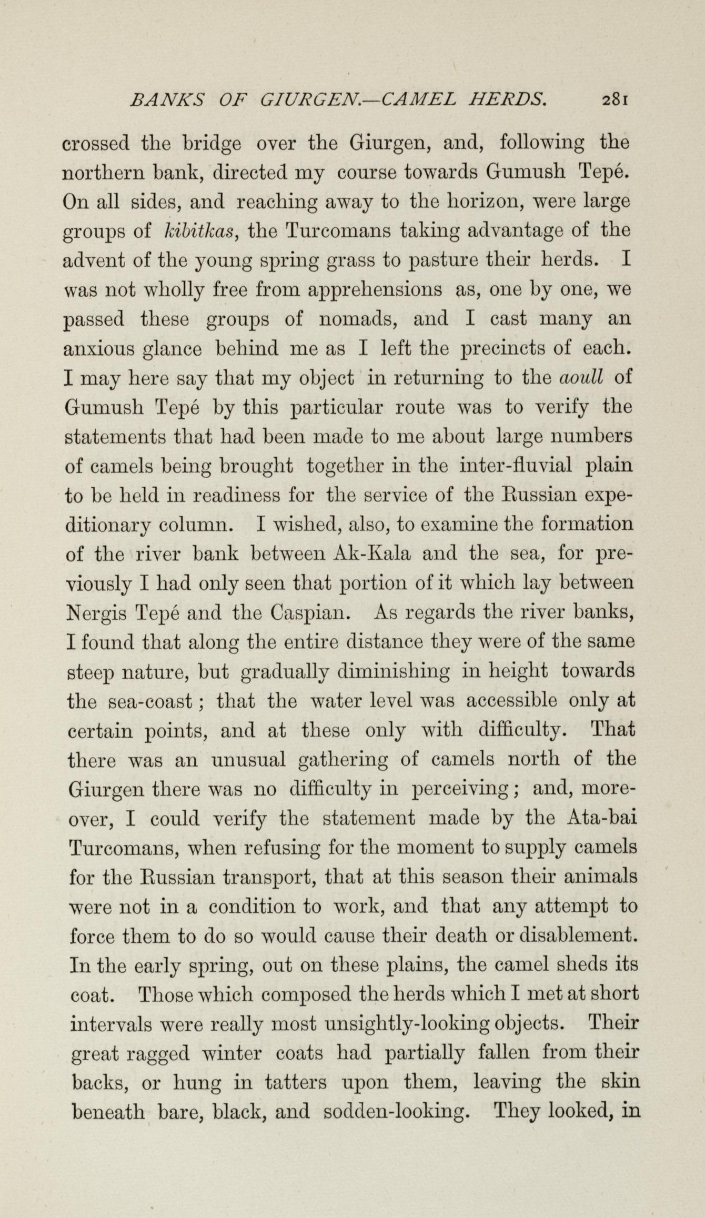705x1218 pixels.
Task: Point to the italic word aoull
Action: click(580, 378)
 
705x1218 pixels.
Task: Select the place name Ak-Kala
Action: click(372, 554)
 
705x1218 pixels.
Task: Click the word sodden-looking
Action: click(396, 1112)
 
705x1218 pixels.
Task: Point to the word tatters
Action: click(297, 1083)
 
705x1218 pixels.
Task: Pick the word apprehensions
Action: click(375, 290)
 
